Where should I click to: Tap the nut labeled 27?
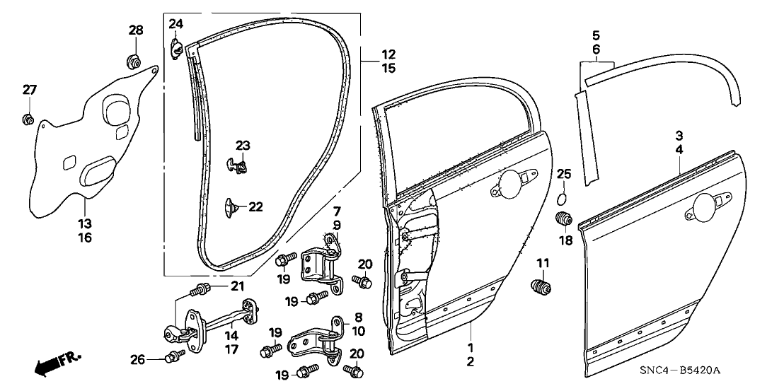(x=28, y=118)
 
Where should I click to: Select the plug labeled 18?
(x=564, y=219)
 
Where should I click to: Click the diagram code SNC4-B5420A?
(x=684, y=371)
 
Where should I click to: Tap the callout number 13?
(x=84, y=223)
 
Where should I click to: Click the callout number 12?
(x=388, y=54)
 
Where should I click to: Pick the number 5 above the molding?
(x=596, y=34)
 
